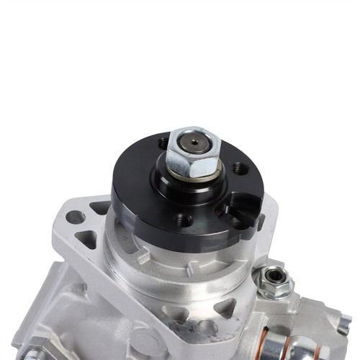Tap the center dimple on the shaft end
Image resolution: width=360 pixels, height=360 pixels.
[195, 141]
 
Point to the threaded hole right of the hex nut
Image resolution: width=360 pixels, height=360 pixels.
[240, 169]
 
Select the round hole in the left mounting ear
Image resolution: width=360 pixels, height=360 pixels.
[74, 217]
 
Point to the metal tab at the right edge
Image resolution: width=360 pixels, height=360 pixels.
[344, 324]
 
